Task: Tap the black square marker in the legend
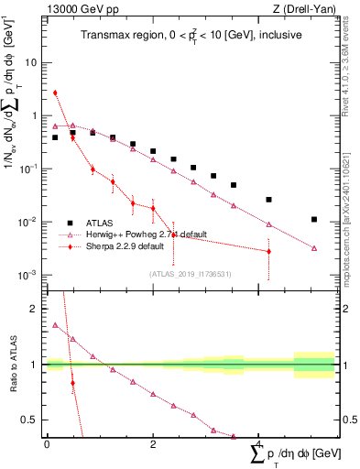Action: pyautogui.click(x=71, y=222)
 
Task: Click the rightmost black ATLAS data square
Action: pyautogui.click(x=314, y=220)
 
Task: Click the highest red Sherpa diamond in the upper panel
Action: pyautogui.click(x=55, y=93)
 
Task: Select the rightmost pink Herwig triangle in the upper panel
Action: pyautogui.click(x=314, y=248)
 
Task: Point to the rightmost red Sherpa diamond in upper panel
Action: pyautogui.click(x=268, y=251)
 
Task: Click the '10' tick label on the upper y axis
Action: pyautogui.click(x=32, y=63)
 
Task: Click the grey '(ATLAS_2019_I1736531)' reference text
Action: pyautogui.click(x=191, y=273)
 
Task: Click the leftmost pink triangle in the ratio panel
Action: pyautogui.click(x=55, y=325)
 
